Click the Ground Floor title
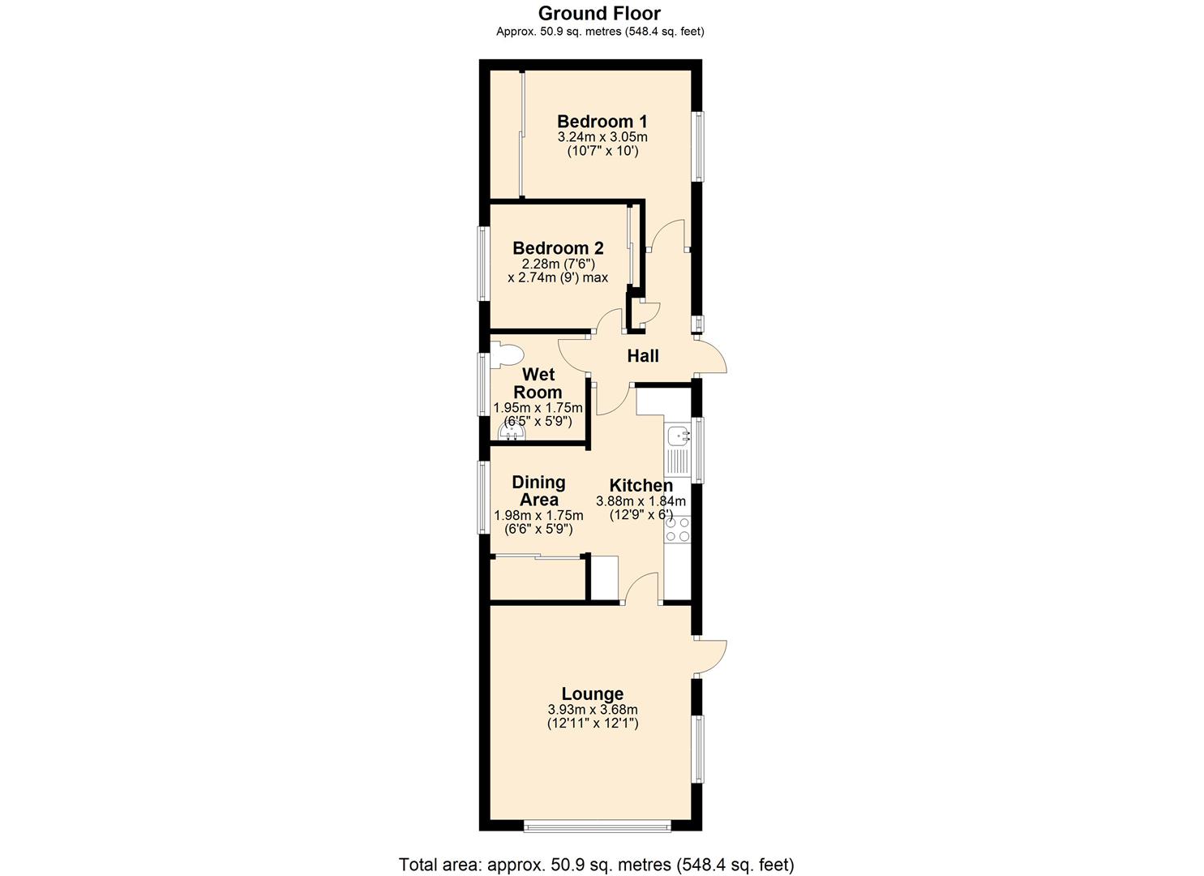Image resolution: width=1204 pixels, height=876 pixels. click(600, 14)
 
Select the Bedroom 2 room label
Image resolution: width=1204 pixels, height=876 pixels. click(558, 248)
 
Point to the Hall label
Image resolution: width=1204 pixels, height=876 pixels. click(643, 356)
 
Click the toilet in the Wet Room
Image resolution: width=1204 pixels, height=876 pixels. click(507, 354)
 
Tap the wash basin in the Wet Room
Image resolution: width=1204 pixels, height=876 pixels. click(512, 432)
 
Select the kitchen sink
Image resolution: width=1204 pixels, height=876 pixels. click(678, 437)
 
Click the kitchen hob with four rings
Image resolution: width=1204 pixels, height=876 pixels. click(677, 530)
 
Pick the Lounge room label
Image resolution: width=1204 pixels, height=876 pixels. click(593, 694)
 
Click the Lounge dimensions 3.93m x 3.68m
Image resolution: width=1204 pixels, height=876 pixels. click(593, 710)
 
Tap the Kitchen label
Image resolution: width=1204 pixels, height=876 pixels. click(641, 485)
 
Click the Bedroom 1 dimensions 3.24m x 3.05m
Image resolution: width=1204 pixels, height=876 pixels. click(602, 137)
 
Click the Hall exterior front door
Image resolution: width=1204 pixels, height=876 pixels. click(712, 357)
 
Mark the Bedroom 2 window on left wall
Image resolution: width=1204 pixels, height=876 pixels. click(483, 264)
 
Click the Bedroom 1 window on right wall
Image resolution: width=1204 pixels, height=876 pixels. click(697, 146)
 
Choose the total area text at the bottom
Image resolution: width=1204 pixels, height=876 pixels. click(596, 864)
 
